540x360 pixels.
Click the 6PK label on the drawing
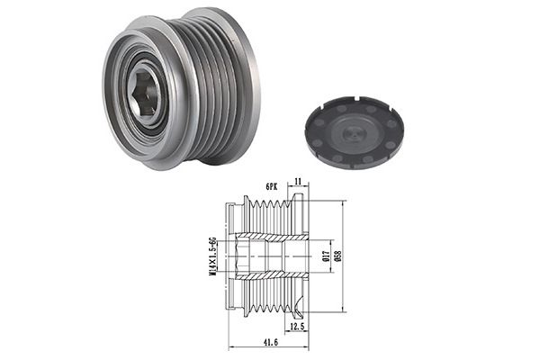(x=272, y=186)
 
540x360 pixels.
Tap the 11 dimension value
(x=298, y=181)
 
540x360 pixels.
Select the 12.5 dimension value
(x=297, y=326)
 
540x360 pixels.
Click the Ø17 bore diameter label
(x=327, y=256)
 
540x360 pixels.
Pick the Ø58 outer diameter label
(x=337, y=256)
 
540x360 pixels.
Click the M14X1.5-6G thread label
(x=212, y=256)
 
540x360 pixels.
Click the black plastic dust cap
(x=354, y=132)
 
